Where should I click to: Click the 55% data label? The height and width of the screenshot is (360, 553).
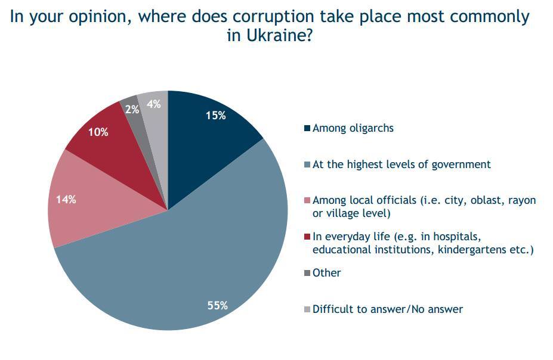[x=217, y=306]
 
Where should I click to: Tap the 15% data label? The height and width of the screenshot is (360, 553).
[x=215, y=116]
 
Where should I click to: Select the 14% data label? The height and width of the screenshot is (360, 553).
[x=66, y=200]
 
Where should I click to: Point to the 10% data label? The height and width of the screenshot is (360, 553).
[x=98, y=132]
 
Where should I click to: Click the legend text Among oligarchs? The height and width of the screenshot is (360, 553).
[x=353, y=128]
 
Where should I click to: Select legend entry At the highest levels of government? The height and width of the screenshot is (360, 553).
[x=401, y=164]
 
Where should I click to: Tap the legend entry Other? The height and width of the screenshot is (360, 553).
[x=326, y=273]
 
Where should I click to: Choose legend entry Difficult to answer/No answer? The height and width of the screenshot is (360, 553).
[x=387, y=309]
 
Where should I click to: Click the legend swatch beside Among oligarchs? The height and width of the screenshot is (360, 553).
[x=307, y=129]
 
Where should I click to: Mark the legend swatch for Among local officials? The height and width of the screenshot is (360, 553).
[x=307, y=201]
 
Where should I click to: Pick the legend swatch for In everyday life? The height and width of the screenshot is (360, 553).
[x=307, y=237]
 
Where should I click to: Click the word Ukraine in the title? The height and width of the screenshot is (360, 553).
[x=275, y=35]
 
